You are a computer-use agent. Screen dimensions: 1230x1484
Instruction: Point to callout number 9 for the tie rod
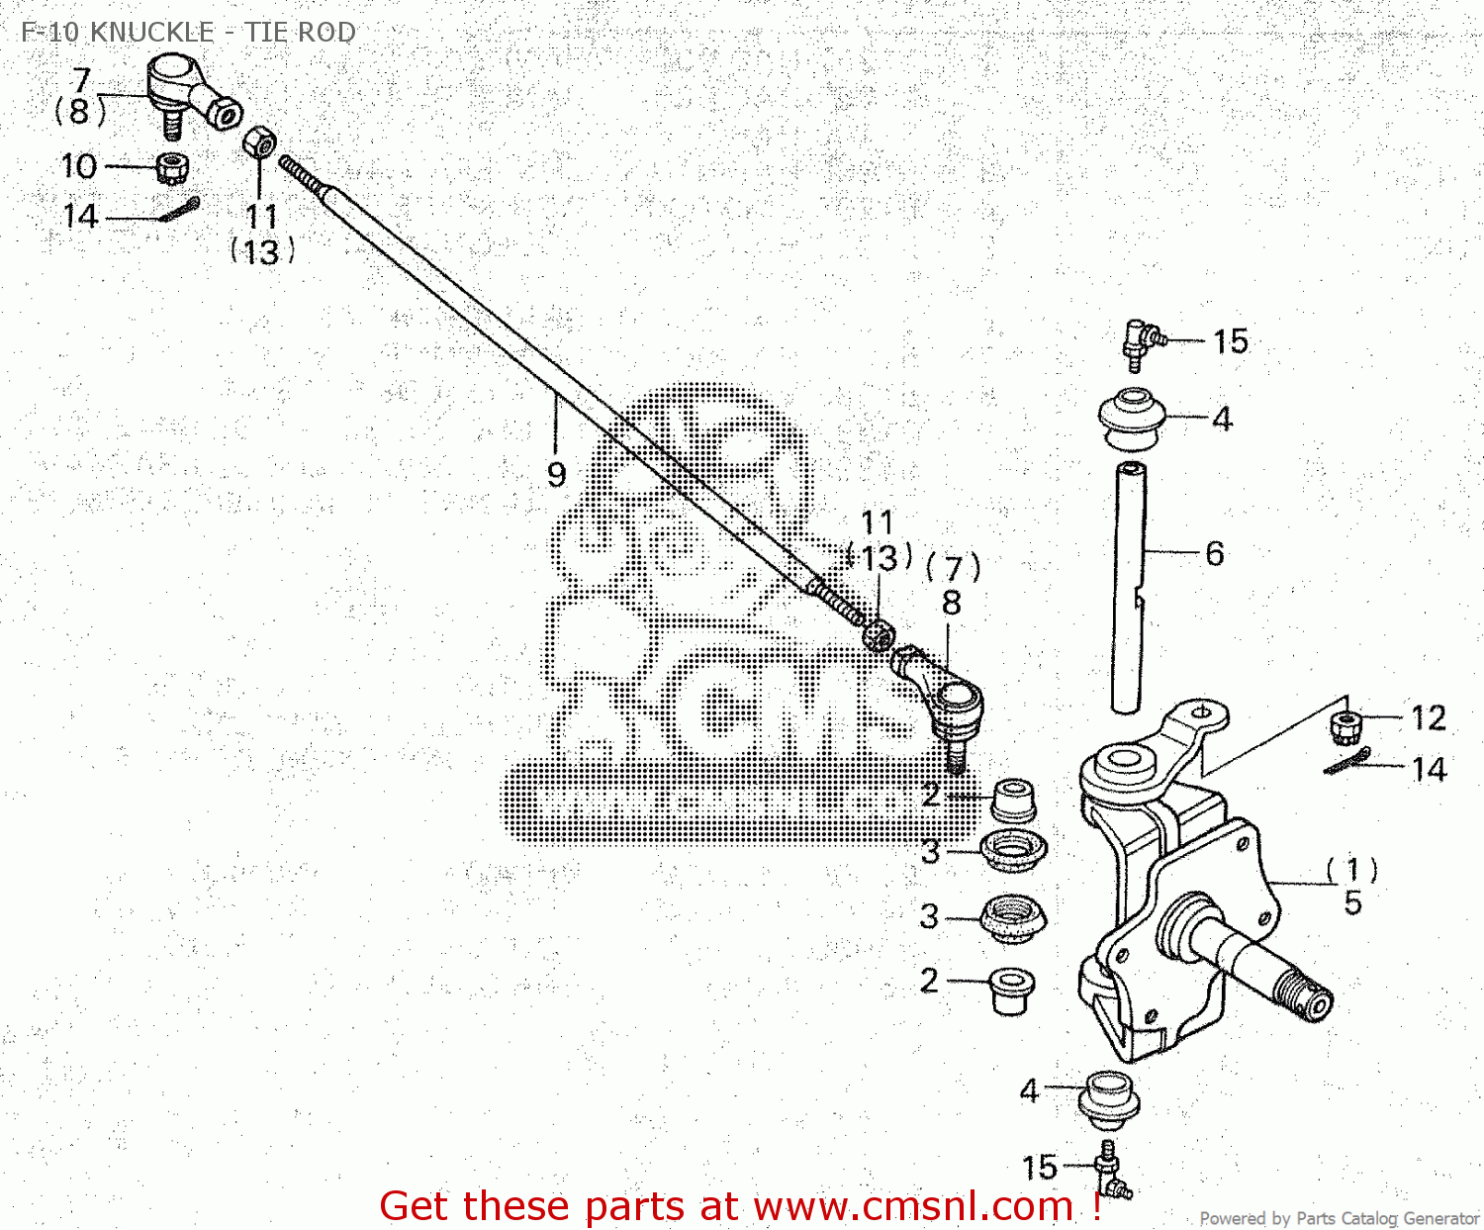(556, 474)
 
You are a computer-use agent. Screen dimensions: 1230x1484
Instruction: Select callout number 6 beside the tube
(1215, 553)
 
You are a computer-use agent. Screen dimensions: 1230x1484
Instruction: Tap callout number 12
(1428, 717)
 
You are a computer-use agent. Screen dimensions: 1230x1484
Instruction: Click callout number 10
(79, 166)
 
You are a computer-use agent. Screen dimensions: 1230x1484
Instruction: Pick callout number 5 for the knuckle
(1352, 902)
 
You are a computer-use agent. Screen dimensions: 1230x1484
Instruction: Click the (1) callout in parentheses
(1351, 870)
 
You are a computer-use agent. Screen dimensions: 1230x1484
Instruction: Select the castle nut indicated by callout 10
(173, 167)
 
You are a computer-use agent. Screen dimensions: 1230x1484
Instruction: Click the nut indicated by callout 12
(1345, 728)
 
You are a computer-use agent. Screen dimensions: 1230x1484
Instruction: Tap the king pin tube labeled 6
(1129, 584)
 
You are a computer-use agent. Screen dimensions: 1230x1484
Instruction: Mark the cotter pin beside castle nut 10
(178, 211)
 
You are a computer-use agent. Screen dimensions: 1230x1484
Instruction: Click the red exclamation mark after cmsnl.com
(1097, 1206)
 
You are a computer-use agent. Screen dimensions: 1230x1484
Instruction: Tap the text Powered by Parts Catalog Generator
(1339, 1219)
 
